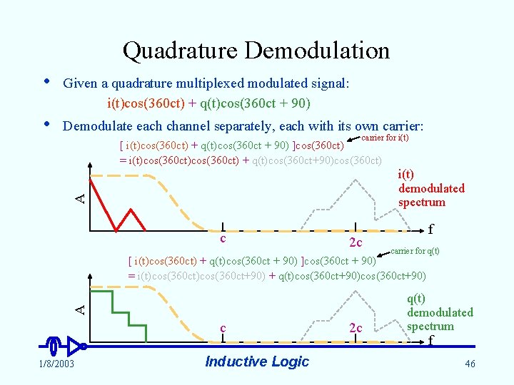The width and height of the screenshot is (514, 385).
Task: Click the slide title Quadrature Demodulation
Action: [256, 51]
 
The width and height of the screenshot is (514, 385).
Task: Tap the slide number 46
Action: [469, 364]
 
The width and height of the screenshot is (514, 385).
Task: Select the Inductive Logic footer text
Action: [256, 361]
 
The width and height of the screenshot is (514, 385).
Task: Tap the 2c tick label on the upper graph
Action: [355, 243]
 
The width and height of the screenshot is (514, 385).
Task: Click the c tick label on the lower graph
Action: [223, 327]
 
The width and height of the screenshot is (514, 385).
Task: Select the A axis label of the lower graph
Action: [82, 308]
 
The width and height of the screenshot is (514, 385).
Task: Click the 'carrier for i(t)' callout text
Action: [385, 137]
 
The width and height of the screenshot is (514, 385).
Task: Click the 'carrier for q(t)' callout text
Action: [415, 251]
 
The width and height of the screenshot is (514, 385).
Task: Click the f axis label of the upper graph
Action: [430, 230]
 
